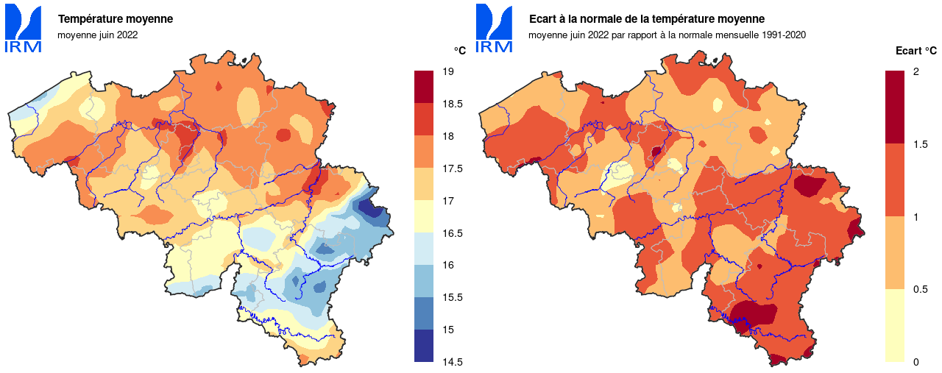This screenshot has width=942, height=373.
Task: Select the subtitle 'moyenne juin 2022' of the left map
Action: coord(97,35)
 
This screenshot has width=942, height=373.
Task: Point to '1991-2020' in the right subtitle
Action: coord(785,35)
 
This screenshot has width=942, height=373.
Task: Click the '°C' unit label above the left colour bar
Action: coord(459,50)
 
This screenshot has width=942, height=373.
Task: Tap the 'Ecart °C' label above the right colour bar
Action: coord(916,51)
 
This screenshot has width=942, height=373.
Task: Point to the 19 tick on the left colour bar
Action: coord(449,71)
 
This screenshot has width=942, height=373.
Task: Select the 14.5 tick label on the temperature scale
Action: coord(453,362)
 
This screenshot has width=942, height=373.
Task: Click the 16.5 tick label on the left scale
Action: coord(453,233)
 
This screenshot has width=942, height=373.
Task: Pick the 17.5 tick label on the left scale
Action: coord(453,168)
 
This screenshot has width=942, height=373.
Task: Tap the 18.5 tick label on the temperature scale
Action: coord(453,104)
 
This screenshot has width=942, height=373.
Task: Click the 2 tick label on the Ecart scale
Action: coord(916,71)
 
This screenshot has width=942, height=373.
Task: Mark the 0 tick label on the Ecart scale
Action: coord(916,362)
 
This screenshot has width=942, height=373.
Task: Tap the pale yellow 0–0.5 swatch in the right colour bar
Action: coord(894,325)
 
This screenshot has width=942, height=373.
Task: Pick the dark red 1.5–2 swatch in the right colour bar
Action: coord(894,107)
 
